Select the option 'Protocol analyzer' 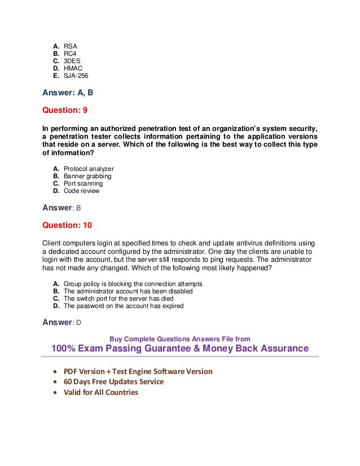[x=89, y=169]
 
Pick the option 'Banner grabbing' [x=87, y=176]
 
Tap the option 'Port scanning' [x=83, y=183]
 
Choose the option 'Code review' [x=82, y=191]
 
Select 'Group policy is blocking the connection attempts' [x=133, y=284]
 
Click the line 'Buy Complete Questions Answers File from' [x=180, y=339]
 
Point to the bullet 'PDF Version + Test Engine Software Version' [x=138, y=371]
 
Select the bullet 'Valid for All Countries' [x=100, y=392]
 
